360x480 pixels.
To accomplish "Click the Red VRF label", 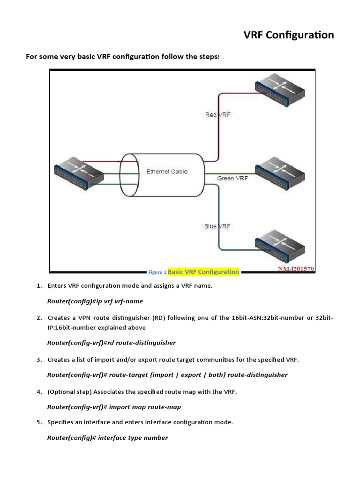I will pos(217,115).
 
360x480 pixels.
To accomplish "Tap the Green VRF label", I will pos(232,179).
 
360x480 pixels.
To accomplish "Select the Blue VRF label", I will pos(217,226).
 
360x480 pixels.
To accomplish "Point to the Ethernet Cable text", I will pos(167,172).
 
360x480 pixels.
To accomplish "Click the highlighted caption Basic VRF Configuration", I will pos(203,272).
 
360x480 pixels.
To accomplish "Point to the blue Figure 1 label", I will pos(157,272).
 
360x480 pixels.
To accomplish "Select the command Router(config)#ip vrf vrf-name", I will pos(95,301).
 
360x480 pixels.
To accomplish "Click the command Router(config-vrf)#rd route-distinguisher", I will pos(112,343).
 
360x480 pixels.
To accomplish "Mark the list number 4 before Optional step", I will pos(39,391).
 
